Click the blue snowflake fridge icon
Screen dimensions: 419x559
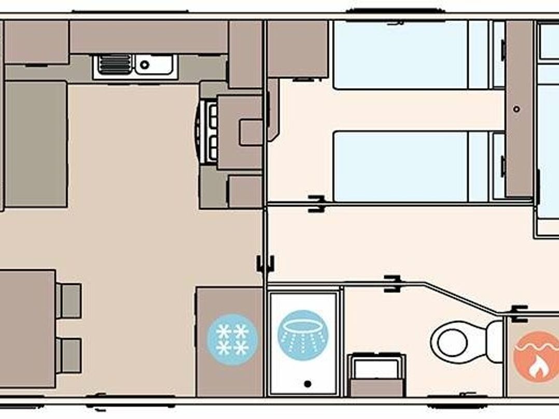click(232, 340)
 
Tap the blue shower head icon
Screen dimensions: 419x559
click(303, 336)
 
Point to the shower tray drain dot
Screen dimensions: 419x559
click(308, 384)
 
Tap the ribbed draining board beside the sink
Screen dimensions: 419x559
click(114, 65)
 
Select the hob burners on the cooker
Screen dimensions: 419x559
click(212, 130)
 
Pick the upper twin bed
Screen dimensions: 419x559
click(402, 54)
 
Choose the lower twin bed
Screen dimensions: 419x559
click(402, 166)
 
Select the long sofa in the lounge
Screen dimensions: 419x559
click(36, 144)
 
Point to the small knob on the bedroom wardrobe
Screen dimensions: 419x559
click(517, 109)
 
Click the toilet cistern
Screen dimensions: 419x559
click(495, 341)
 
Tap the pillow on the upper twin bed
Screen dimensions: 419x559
click(478, 54)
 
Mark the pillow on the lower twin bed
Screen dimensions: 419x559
click(478, 166)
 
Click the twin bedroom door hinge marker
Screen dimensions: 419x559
click(316, 203)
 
